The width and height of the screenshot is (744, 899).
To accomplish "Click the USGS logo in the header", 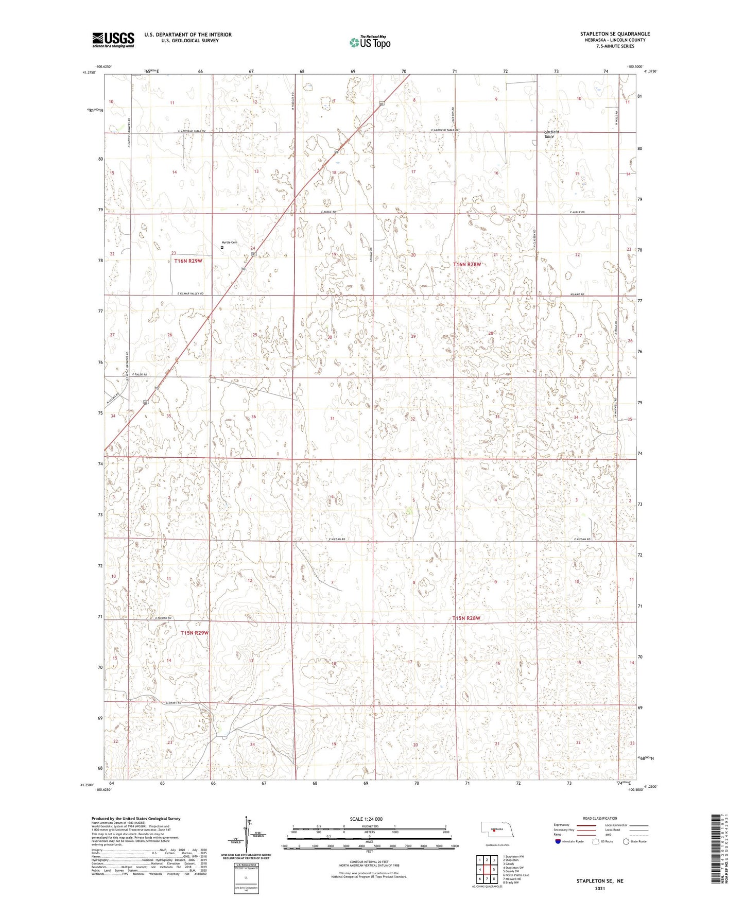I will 113,40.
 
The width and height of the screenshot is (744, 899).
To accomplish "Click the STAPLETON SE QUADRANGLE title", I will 615,34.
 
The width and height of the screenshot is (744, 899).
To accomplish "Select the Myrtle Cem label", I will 229,243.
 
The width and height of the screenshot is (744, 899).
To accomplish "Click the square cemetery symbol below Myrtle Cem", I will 222,247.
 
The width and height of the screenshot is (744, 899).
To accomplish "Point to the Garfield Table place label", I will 551,134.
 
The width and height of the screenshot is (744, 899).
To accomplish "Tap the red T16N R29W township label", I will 188,261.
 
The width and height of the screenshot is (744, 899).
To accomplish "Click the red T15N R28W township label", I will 466,618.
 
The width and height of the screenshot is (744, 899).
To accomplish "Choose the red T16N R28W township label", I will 467,264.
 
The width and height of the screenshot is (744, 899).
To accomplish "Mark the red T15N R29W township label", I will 194,633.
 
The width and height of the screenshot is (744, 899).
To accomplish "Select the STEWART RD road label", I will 174,702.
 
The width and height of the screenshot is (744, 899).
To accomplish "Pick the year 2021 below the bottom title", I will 599,888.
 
